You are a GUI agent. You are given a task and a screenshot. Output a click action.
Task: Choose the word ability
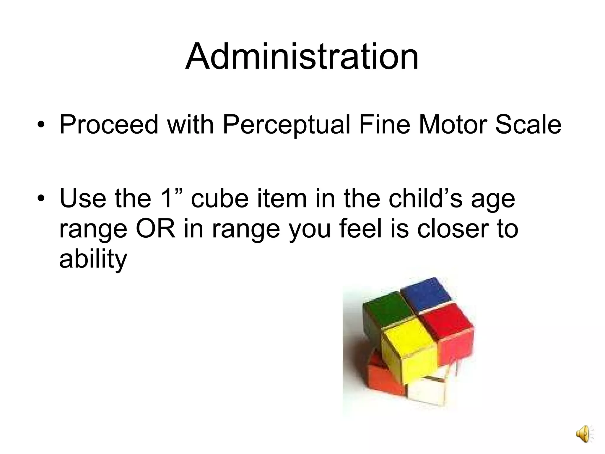coord(93,259)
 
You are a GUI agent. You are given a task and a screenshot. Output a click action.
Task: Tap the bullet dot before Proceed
coord(41,125)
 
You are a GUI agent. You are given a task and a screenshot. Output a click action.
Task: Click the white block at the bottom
coord(425,390)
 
